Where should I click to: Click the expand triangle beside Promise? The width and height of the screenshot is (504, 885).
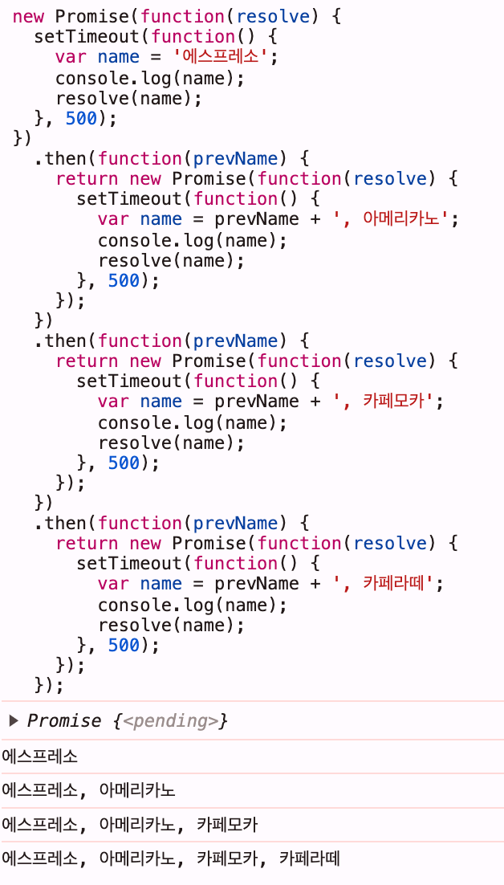point(13,720)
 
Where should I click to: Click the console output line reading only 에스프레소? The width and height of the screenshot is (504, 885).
point(40,756)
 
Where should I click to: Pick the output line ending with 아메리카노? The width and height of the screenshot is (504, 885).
point(88,790)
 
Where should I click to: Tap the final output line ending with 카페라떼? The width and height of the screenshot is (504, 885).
point(171,858)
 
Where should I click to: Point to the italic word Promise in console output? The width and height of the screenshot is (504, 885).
point(64,721)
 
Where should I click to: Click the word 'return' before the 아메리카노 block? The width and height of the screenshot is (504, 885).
point(87,178)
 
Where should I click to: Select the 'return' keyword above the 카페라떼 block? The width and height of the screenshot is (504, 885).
point(87,543)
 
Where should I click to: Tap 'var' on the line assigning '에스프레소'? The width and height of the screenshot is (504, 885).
point(71,57)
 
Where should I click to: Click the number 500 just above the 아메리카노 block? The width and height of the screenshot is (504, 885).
point(81,118)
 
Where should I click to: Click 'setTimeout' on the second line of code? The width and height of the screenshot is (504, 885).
point(87,37)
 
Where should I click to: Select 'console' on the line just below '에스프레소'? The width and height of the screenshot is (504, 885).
point(87,78)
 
